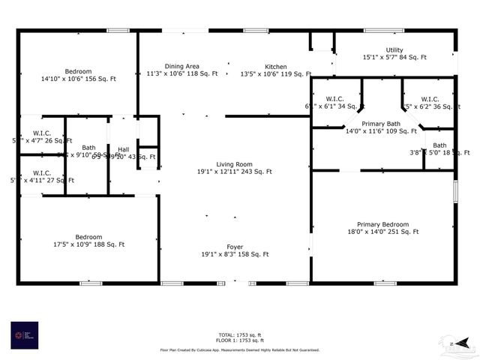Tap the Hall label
[x=123, y=149]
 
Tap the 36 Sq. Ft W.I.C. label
[x=429, y=103]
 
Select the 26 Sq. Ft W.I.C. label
[x=42, y=136]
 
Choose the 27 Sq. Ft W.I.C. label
[x=42, y=176]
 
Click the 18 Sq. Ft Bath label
[x=439, y=148]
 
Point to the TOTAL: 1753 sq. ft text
[x=239, y=334]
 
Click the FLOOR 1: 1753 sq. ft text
[x=239, y=340]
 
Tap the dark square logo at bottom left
[x=24, y=335]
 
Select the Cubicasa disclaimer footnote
[x=239, y=349]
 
